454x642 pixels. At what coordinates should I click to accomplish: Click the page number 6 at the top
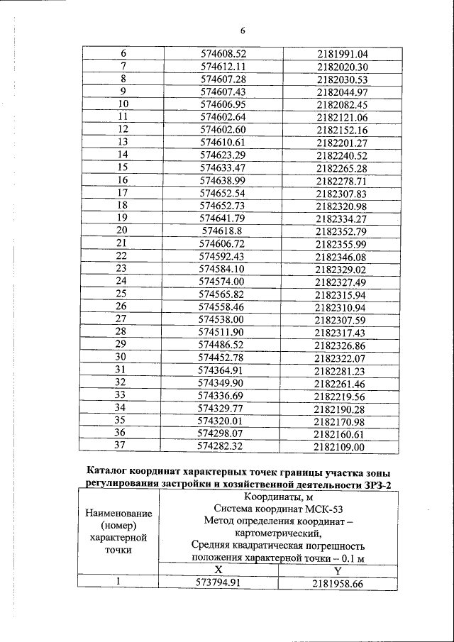pos(243,31)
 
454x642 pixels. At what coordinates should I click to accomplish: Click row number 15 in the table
pos(121,167)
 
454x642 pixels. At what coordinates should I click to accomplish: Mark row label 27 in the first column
pos(121,319)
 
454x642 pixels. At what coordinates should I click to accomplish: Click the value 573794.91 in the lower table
pos(218,582)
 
